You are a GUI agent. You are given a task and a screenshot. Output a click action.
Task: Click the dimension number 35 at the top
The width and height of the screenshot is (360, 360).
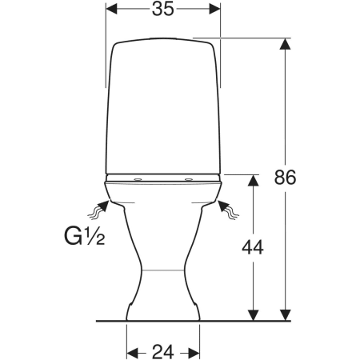tap(162, 9)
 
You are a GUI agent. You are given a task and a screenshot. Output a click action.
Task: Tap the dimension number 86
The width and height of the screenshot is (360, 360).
tap(285, 178)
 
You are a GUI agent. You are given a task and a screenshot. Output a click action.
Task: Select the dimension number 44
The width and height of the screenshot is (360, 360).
tap(253, 247)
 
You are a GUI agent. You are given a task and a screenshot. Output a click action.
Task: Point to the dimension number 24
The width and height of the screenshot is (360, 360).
tap(163, 352)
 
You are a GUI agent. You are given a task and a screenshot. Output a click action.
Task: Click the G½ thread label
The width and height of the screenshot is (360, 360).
tap(84, 236)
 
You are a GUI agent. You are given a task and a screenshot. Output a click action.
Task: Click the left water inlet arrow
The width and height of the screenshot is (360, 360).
tap(99, 210)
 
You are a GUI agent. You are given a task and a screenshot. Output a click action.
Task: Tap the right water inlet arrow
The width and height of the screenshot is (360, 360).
tap(228, 210)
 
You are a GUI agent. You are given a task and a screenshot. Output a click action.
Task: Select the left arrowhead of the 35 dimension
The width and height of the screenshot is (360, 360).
tap(111, 9)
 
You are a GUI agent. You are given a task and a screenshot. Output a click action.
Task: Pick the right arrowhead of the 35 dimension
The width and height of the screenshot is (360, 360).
tap(215, 9)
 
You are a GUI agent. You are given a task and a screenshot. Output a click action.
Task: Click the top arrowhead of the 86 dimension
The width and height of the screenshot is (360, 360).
tap(285, 44)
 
